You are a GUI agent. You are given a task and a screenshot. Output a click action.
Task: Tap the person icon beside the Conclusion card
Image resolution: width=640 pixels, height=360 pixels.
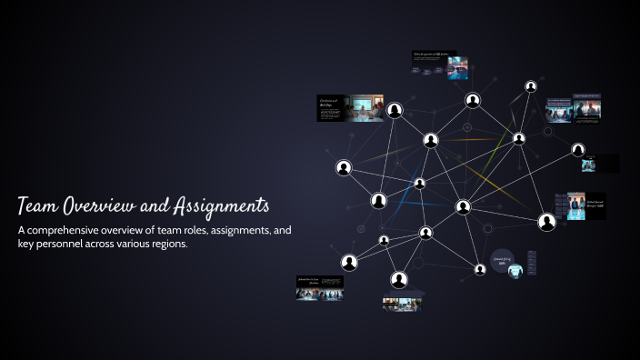pos(395,111)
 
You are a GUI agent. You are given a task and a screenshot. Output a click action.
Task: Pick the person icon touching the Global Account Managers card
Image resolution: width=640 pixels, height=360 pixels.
pos(546,221)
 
